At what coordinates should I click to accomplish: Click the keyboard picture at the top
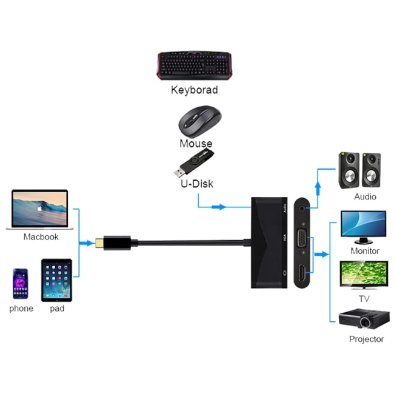(x=193, y=65)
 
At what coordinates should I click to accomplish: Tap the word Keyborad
(x=194, y=90)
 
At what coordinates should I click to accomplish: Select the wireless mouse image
(x=199, y=121)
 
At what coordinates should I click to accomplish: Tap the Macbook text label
(x=41, y=237)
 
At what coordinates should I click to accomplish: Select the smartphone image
(x=21, y=283)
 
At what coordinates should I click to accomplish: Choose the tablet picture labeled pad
(x=56, y=280)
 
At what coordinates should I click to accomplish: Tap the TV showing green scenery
(x=363, y=276)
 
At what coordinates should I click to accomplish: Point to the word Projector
(x=366, y=339)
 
